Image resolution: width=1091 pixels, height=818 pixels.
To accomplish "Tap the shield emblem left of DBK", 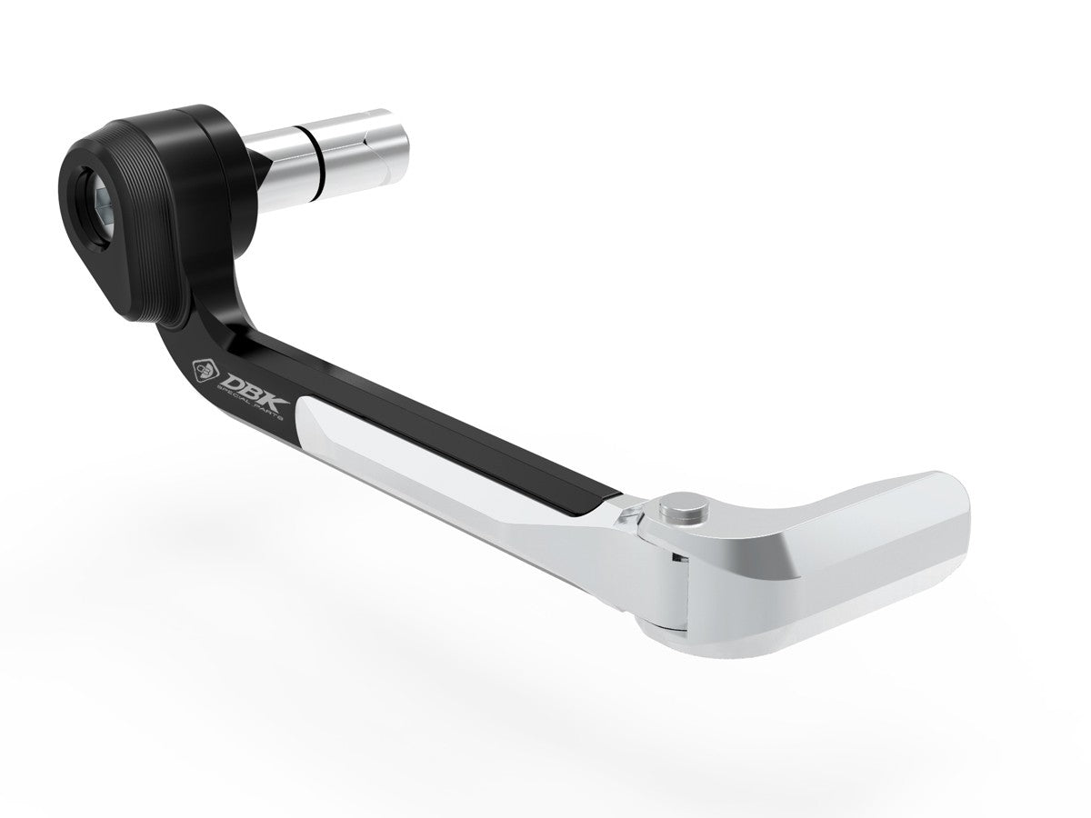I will point(203,371).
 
